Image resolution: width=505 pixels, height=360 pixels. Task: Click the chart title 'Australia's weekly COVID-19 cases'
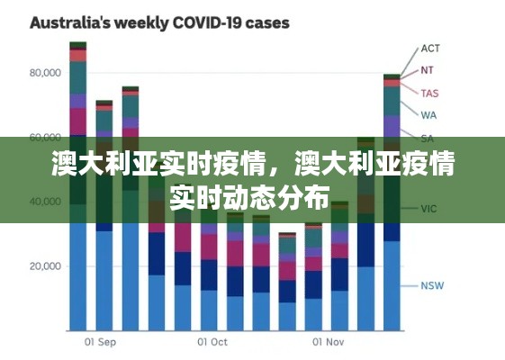coord(160,22)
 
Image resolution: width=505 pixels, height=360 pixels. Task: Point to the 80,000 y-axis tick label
coord(45,73)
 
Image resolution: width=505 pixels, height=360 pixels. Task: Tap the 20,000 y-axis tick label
coord(45,266)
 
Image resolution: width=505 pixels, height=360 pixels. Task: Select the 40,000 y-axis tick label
coord(45,202)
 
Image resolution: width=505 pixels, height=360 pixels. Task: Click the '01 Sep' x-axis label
coord(100,342)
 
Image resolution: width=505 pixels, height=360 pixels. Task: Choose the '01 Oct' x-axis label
coord(212,342)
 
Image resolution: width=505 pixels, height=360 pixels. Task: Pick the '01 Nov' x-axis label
coord(329,342)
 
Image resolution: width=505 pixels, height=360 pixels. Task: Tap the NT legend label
coord(428,70)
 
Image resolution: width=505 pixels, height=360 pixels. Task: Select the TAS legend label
coord(429,93)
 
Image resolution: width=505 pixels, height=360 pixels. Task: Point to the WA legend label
coord(428,115)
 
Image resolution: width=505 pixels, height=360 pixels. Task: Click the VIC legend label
coord(429,209)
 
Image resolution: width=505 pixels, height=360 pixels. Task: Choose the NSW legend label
coord(432,286)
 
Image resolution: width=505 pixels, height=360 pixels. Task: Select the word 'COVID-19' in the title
coord(208,22)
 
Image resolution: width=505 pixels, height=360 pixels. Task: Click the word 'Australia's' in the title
coord(68,22)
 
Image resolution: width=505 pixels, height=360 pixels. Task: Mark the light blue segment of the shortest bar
coord(287,315)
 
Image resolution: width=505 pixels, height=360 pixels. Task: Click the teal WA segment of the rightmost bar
coord(392,101)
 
